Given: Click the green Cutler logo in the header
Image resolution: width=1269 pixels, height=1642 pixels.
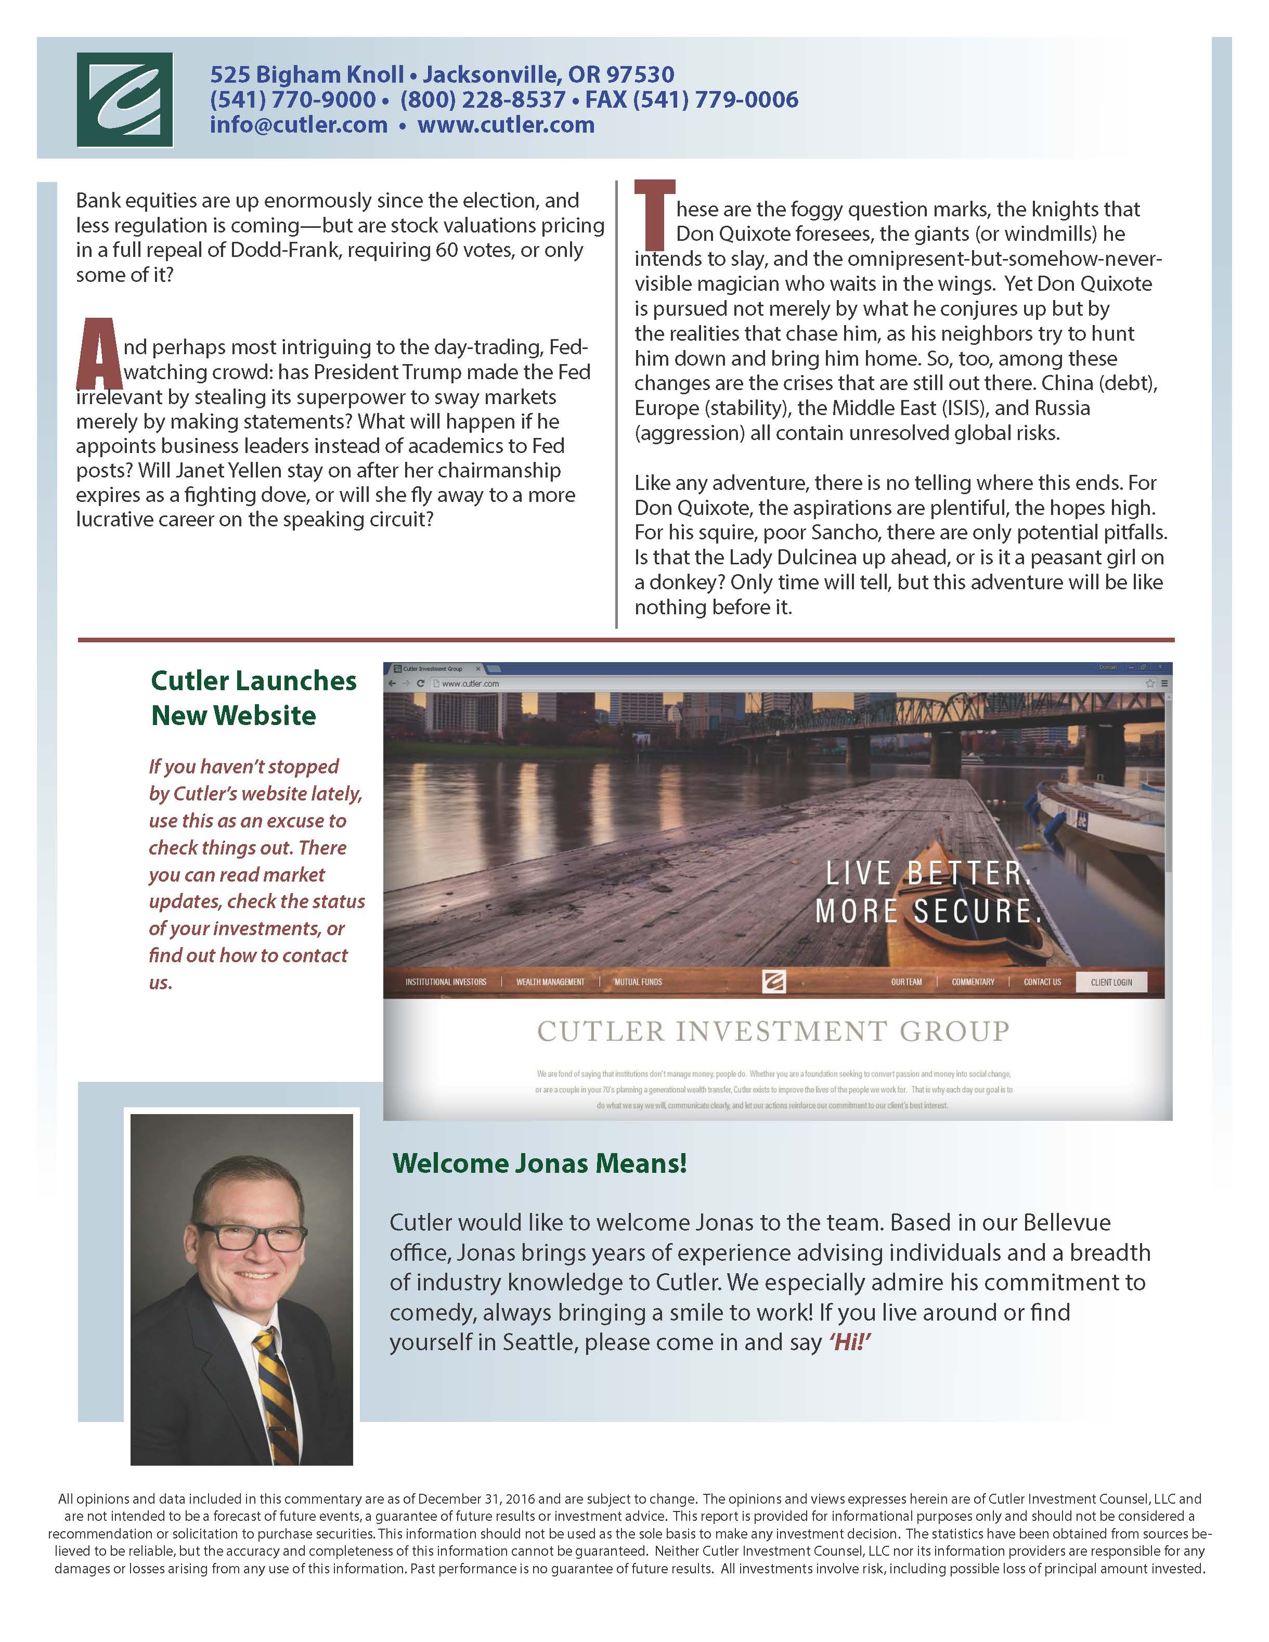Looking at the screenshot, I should pos(125,99).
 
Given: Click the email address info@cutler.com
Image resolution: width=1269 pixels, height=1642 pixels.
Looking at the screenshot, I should pos(299,125).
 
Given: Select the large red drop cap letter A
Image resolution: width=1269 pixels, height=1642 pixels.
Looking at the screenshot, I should pos(98,353).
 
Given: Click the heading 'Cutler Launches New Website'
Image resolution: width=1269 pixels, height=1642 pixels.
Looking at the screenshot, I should pos(253,697).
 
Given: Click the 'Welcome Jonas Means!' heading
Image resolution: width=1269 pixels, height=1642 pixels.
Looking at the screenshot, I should pos(539,1163).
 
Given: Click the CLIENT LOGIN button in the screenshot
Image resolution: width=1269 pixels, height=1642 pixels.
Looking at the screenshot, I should pos(1111,982).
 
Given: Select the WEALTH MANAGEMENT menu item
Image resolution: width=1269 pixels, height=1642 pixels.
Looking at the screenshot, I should pos(550,982).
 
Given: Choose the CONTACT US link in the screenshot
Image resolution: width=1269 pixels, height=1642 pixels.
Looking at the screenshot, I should pos(1042,982).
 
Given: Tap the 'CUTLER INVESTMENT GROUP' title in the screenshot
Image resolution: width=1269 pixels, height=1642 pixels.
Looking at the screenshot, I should pos(773,1031).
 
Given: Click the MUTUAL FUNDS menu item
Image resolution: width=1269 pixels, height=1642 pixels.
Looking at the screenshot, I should pos(638,982).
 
